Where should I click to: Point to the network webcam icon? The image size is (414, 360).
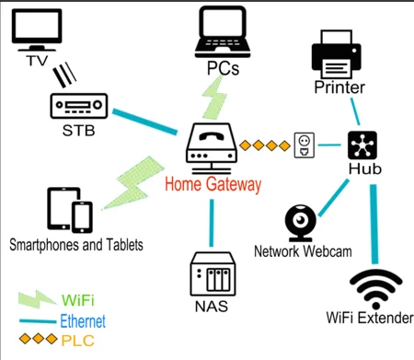click(x=302, y=222)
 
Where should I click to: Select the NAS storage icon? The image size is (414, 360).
click(x=210, y=275)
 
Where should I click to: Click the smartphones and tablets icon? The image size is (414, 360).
click(x=70, y=211)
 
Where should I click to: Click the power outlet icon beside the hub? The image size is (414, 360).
click(x=304, y=145)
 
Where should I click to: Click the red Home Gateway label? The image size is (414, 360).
click(x=213, y=184)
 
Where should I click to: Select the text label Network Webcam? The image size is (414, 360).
click(x=303, y=251)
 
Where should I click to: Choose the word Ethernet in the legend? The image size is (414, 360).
click(x=82, y=321)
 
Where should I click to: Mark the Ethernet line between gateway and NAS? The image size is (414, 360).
click(x=211, y=221)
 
